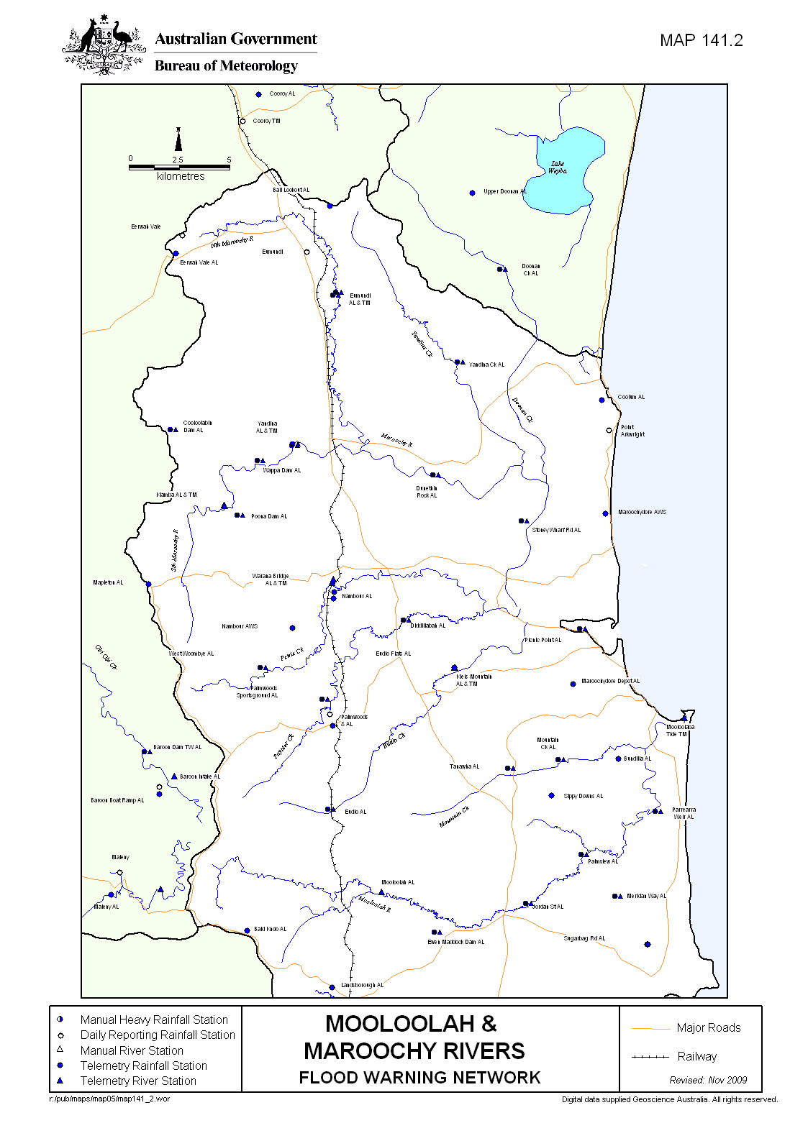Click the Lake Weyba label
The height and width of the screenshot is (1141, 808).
click(x=558, y=168)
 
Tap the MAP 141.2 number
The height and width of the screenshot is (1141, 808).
click(x=701, y=41)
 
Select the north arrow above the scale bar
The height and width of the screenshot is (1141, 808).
click(x=178, y=139)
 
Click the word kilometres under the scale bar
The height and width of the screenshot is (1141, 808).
click(x=181, y=176)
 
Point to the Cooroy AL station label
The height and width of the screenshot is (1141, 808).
click(x=282, y=93)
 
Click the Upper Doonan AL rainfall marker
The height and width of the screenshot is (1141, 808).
click(x=472, y=193)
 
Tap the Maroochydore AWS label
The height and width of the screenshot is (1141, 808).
click(x=642, y=513)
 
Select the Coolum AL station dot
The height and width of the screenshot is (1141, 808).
click(x=602, y=400)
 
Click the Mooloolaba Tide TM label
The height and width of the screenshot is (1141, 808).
click(x=680, y=730)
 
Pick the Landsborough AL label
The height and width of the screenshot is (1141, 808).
click(x=362, y=985)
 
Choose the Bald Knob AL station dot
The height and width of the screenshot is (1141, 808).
click(x=247, y=930)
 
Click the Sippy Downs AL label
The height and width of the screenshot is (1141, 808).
click(x=583, y=796)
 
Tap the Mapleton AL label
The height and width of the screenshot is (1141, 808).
click(x=108, y=582)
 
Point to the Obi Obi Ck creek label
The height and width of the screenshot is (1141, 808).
click(x=106, y=657)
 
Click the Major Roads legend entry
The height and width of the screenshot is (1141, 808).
click(x=708, y=1028)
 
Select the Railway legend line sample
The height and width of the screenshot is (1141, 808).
click(x=650, y=1057)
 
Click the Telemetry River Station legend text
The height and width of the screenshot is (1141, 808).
click(x=138, y=1081)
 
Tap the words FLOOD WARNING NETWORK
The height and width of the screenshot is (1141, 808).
click(x=419, y=1078)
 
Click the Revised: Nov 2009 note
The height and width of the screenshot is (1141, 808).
click(x=708, y=1080)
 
